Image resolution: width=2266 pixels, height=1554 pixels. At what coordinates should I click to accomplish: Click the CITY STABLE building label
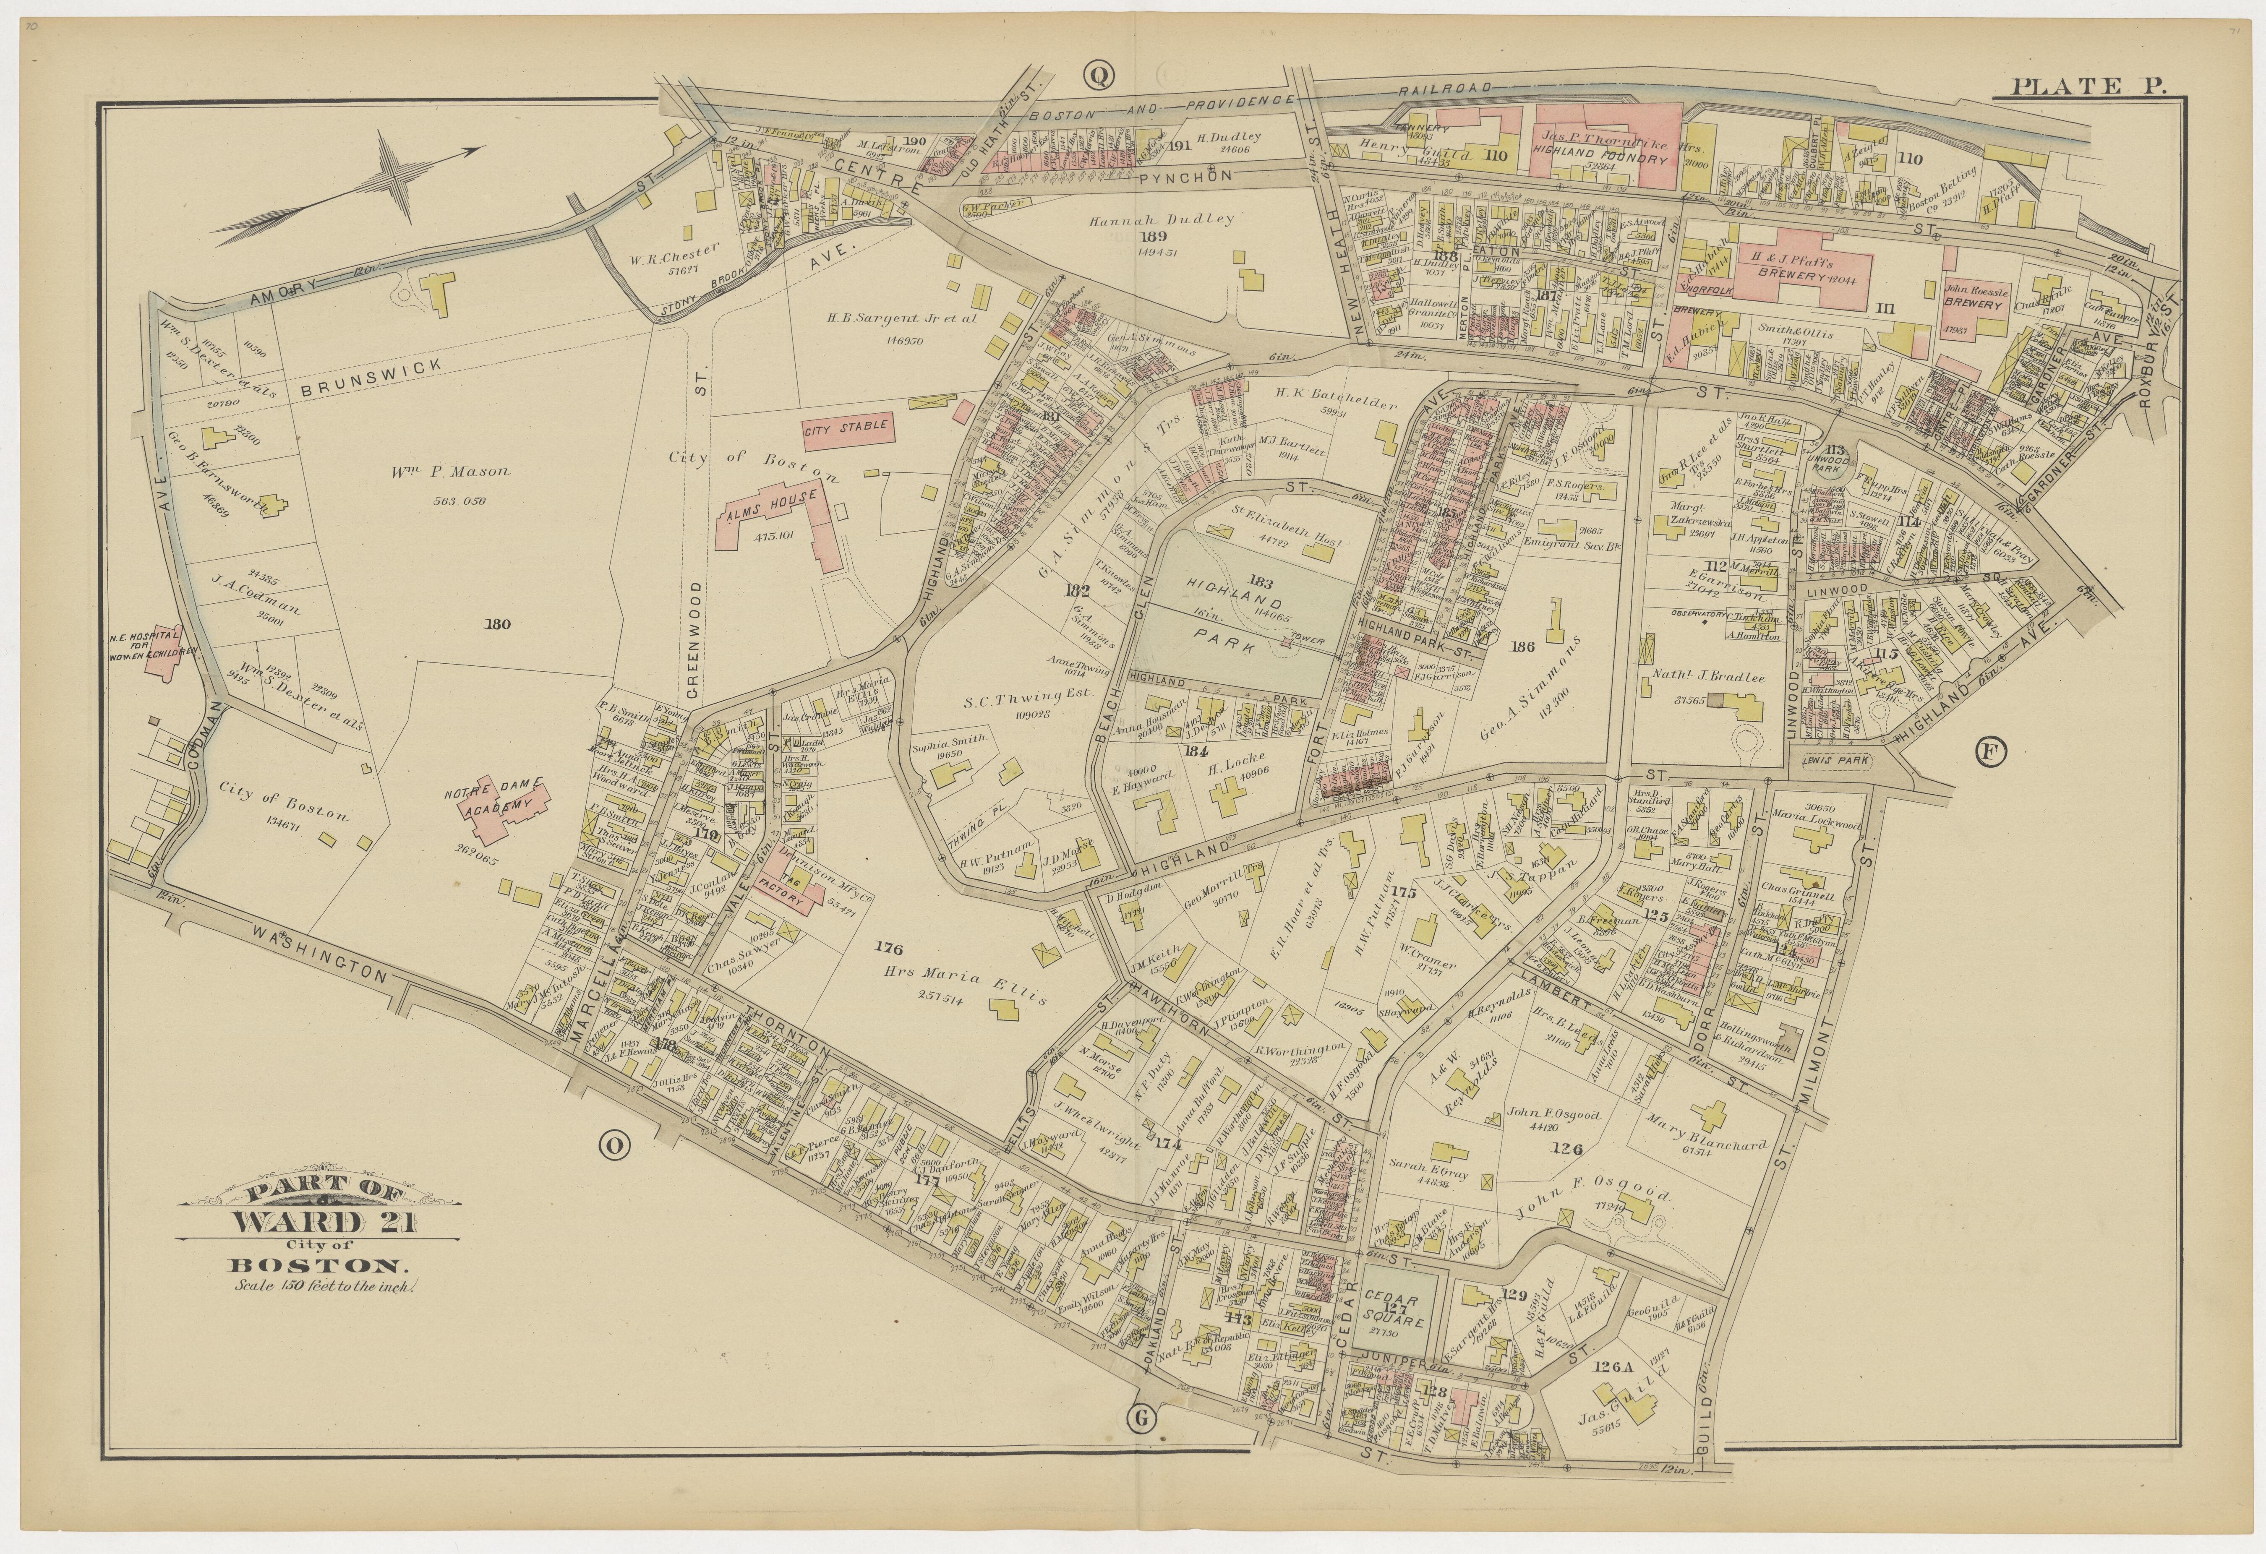846,426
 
